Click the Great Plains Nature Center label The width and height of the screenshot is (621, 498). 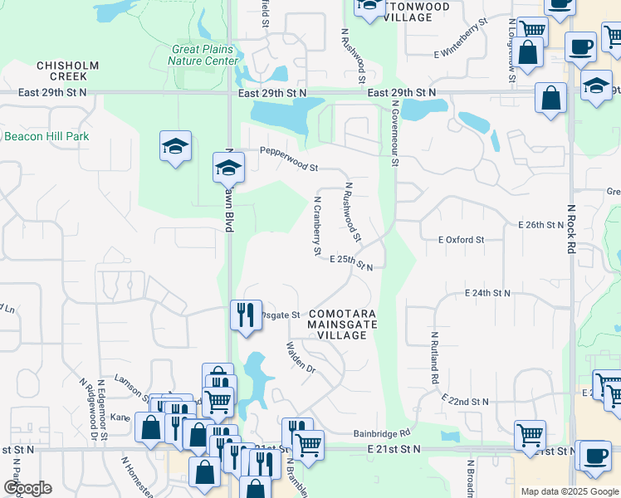point(203,55)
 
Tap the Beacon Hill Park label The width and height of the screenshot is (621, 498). point(46,136)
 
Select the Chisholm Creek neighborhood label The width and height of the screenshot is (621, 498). point(68,71)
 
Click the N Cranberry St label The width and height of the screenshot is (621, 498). point(316,224)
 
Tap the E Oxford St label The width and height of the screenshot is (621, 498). point(461,240)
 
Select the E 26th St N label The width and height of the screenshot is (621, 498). point(541,225)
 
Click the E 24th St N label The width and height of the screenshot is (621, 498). point(487,294)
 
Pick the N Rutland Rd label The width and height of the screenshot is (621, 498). point(434,357)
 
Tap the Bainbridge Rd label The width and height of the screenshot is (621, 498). point(382,433)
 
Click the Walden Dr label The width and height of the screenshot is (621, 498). point(301,357)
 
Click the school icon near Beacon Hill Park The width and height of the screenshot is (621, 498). point(176,146)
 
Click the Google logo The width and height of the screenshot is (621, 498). point(27,489)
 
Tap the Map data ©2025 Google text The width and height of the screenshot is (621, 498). point(569,491)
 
